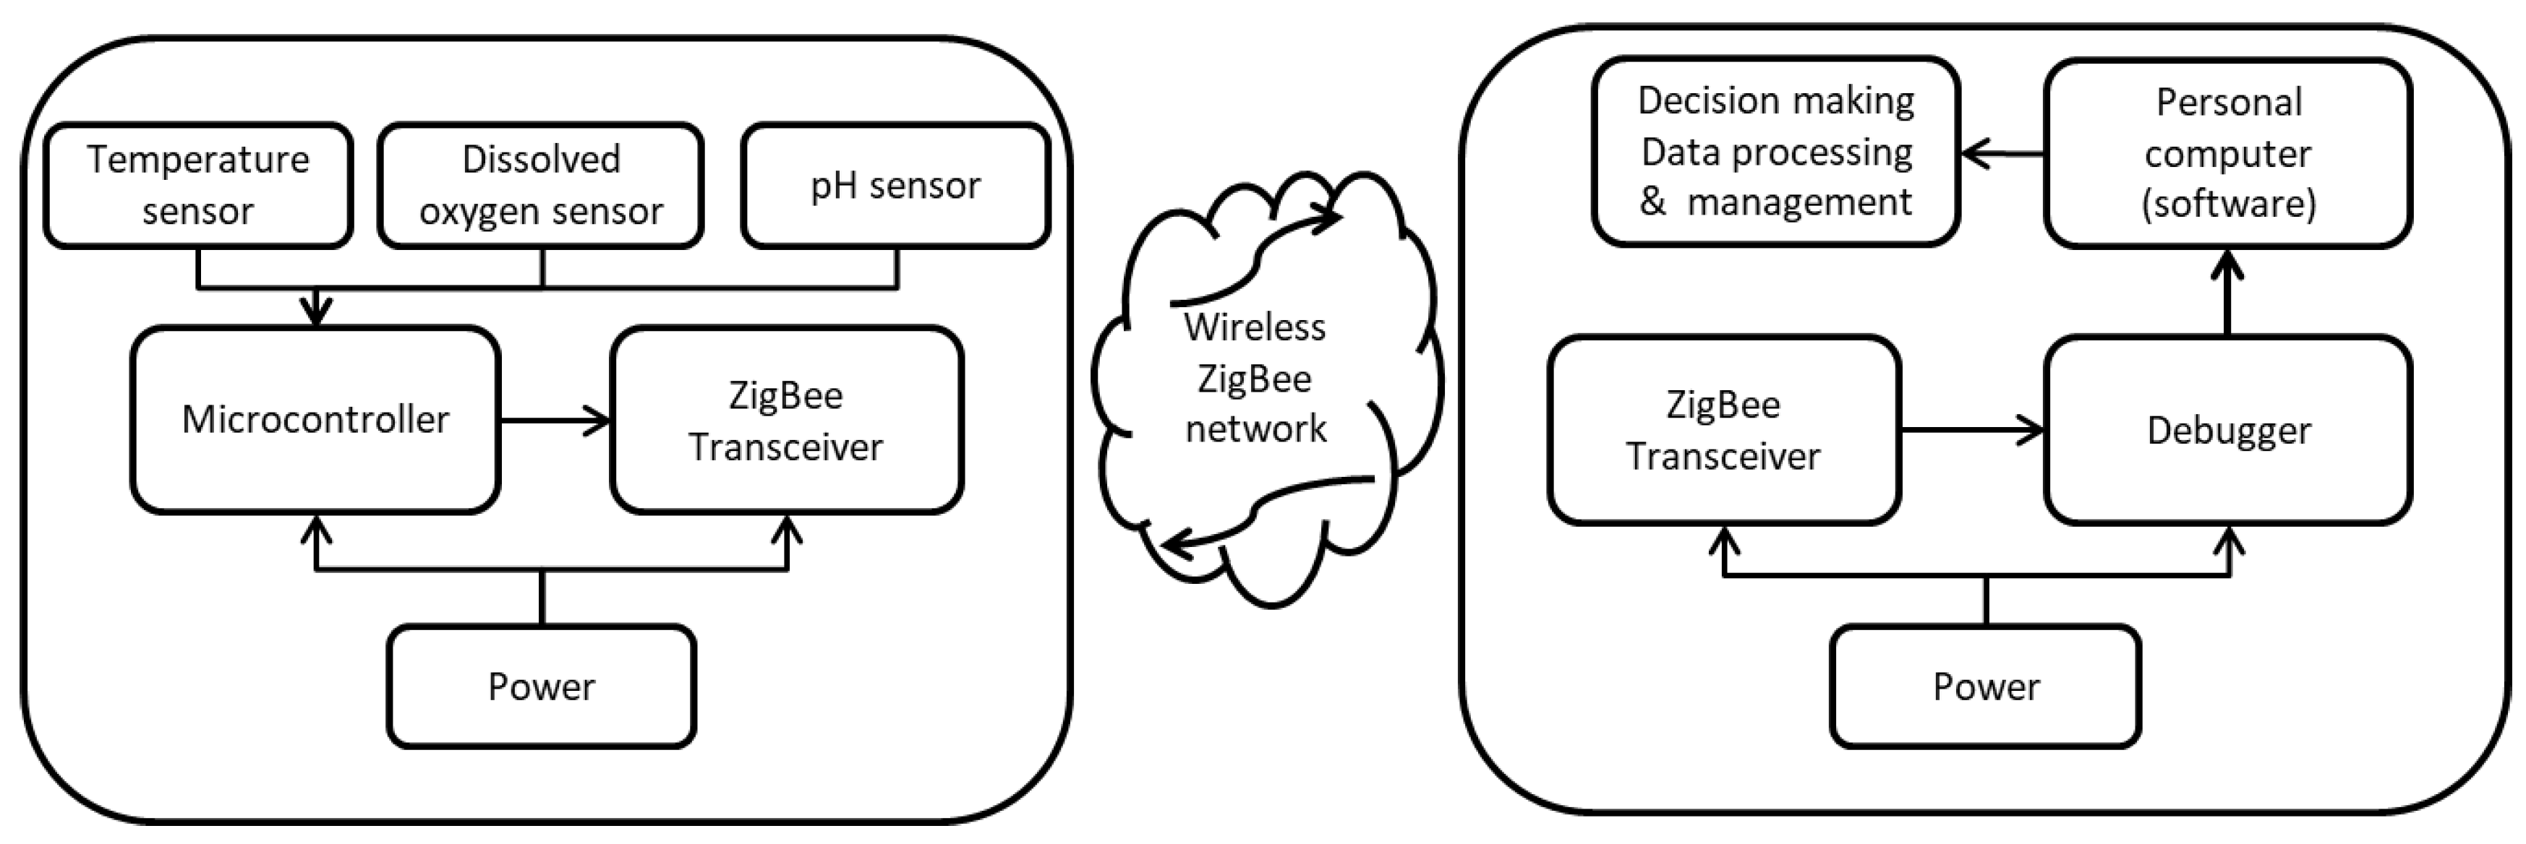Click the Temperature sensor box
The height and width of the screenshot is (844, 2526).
pyautogui.click(x=198, y=185)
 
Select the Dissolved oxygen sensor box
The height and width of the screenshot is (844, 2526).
pyautogui.click(x=540, y=185)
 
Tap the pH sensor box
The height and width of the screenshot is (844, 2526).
pyautogui.click(x=895, y=185)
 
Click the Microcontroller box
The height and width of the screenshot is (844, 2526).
pyautogui.click(x=316, y=420)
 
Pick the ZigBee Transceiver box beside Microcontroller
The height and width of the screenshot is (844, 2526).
pyautogui.click(x=786, y=420)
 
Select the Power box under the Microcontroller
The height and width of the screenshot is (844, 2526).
pyautogui.click(x=541, y=686)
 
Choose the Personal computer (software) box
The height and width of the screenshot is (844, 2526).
pyautogui.click(x=2228, y=153)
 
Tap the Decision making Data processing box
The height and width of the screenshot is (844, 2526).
pyautogui.click(x=1776, y=152)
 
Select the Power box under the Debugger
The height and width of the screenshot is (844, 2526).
pyautogui.click(x=1986, y=686)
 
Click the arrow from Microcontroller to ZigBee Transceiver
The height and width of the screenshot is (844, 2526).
pyautogui.click(x=555, y=421)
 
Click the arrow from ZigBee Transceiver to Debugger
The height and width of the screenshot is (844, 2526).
pyautogui.click(x=1971, y=429)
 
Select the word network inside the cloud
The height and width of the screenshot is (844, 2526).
pyautogui.click(x=1255, y=429)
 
